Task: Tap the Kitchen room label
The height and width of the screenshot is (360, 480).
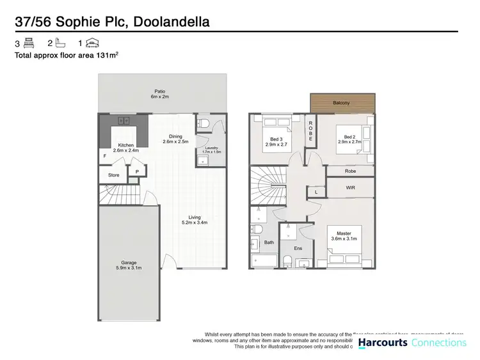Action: (126, 145)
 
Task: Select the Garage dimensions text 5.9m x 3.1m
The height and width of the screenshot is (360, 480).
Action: (129, 269)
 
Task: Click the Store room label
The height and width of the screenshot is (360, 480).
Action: (114, 175)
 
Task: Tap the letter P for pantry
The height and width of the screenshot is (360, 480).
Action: (137, 171)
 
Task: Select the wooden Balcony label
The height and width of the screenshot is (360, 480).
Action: (341, 102)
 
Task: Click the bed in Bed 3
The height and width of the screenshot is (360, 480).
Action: (276, 125)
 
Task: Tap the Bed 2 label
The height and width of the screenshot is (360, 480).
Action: (349, 137)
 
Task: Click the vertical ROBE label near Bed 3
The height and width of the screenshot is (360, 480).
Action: (310, 130)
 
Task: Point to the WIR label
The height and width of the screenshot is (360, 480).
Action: (350, 188)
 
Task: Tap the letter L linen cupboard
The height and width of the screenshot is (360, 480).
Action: (316, 192)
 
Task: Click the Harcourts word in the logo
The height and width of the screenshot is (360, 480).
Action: (382, 343)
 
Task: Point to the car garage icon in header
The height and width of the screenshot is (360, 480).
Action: (93, 43)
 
